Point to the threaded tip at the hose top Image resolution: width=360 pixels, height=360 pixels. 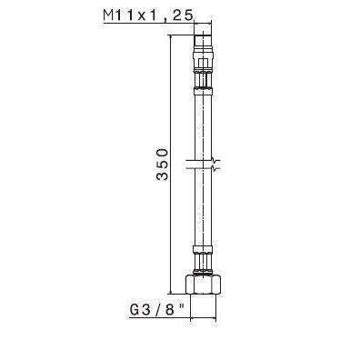[x=204, y=39]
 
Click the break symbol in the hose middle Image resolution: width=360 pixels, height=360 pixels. [x=204, y=166]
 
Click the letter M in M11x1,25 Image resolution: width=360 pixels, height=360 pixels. [x=111, y=15]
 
